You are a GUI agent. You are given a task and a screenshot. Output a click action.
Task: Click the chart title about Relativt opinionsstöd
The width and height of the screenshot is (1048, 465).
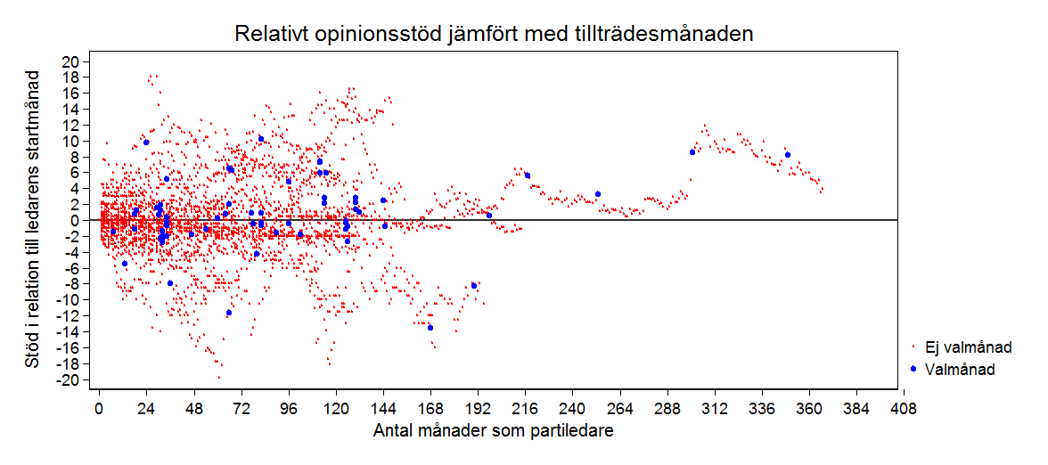tap(495, 35)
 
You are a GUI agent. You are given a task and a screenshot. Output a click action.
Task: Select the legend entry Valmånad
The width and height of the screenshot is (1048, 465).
tap(960, 369)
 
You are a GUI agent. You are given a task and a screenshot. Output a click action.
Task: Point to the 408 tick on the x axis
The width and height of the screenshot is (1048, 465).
tap(904, 409)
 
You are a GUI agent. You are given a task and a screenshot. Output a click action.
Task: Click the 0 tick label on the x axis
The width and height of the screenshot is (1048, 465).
tap(99, 409)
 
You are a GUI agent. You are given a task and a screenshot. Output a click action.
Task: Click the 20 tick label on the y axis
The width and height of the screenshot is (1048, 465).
tap(71, 61)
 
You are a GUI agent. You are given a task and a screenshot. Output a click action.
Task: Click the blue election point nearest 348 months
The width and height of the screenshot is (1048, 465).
tap(788, 155)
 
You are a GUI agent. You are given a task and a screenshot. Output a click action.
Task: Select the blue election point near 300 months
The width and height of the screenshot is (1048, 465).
tap(692, 152)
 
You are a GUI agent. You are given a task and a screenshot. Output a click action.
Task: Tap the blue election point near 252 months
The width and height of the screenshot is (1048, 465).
tap(598, 194)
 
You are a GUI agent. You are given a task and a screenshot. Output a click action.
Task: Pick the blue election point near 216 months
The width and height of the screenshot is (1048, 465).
tap(528, 175)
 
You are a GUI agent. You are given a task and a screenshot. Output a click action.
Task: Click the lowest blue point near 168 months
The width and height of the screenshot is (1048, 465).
tap(430, 328)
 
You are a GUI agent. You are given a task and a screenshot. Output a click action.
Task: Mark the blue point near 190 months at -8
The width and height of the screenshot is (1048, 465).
tap(474, 285)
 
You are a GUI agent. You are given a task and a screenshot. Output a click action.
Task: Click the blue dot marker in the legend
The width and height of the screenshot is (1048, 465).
tap(913, 369)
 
